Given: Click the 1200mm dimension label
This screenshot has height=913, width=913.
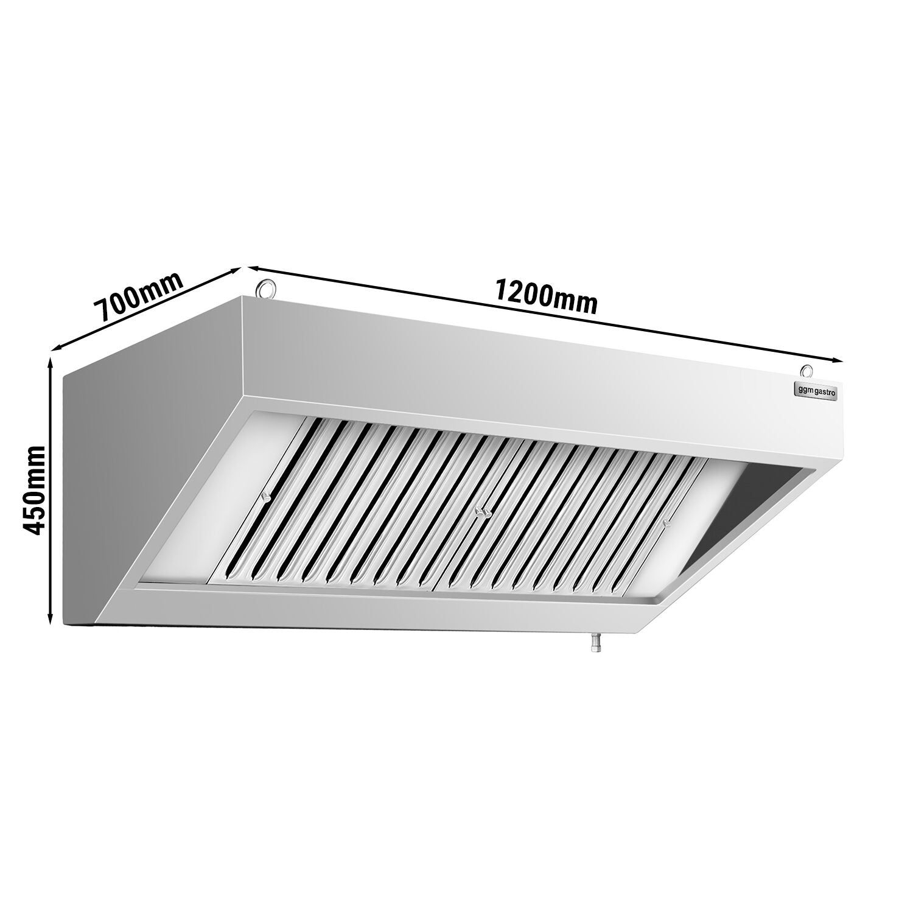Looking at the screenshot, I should [x=546, y=296].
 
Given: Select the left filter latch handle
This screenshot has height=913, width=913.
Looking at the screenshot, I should [x=264, y=497].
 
